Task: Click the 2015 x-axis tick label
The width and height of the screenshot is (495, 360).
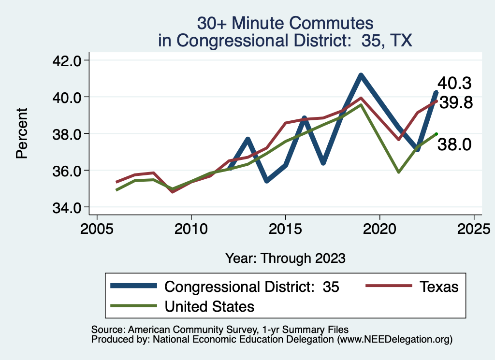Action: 285,227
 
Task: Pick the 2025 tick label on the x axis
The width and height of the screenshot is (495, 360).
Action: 474,227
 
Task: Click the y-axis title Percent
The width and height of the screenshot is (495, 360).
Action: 22,133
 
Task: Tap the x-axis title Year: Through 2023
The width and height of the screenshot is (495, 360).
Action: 285,258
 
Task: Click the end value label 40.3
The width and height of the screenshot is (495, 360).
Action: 454,83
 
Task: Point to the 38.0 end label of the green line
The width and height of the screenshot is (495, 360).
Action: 454,144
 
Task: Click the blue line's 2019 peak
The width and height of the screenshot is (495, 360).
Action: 361,75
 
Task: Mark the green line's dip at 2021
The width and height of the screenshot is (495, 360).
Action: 398,172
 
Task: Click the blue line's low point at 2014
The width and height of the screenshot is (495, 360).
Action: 266,181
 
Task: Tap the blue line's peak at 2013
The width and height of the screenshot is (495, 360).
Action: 247,139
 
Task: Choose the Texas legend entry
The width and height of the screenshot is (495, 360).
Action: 438,287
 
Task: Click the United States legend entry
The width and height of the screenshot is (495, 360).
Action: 209,306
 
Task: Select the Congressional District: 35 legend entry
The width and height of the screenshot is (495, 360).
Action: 252,287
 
